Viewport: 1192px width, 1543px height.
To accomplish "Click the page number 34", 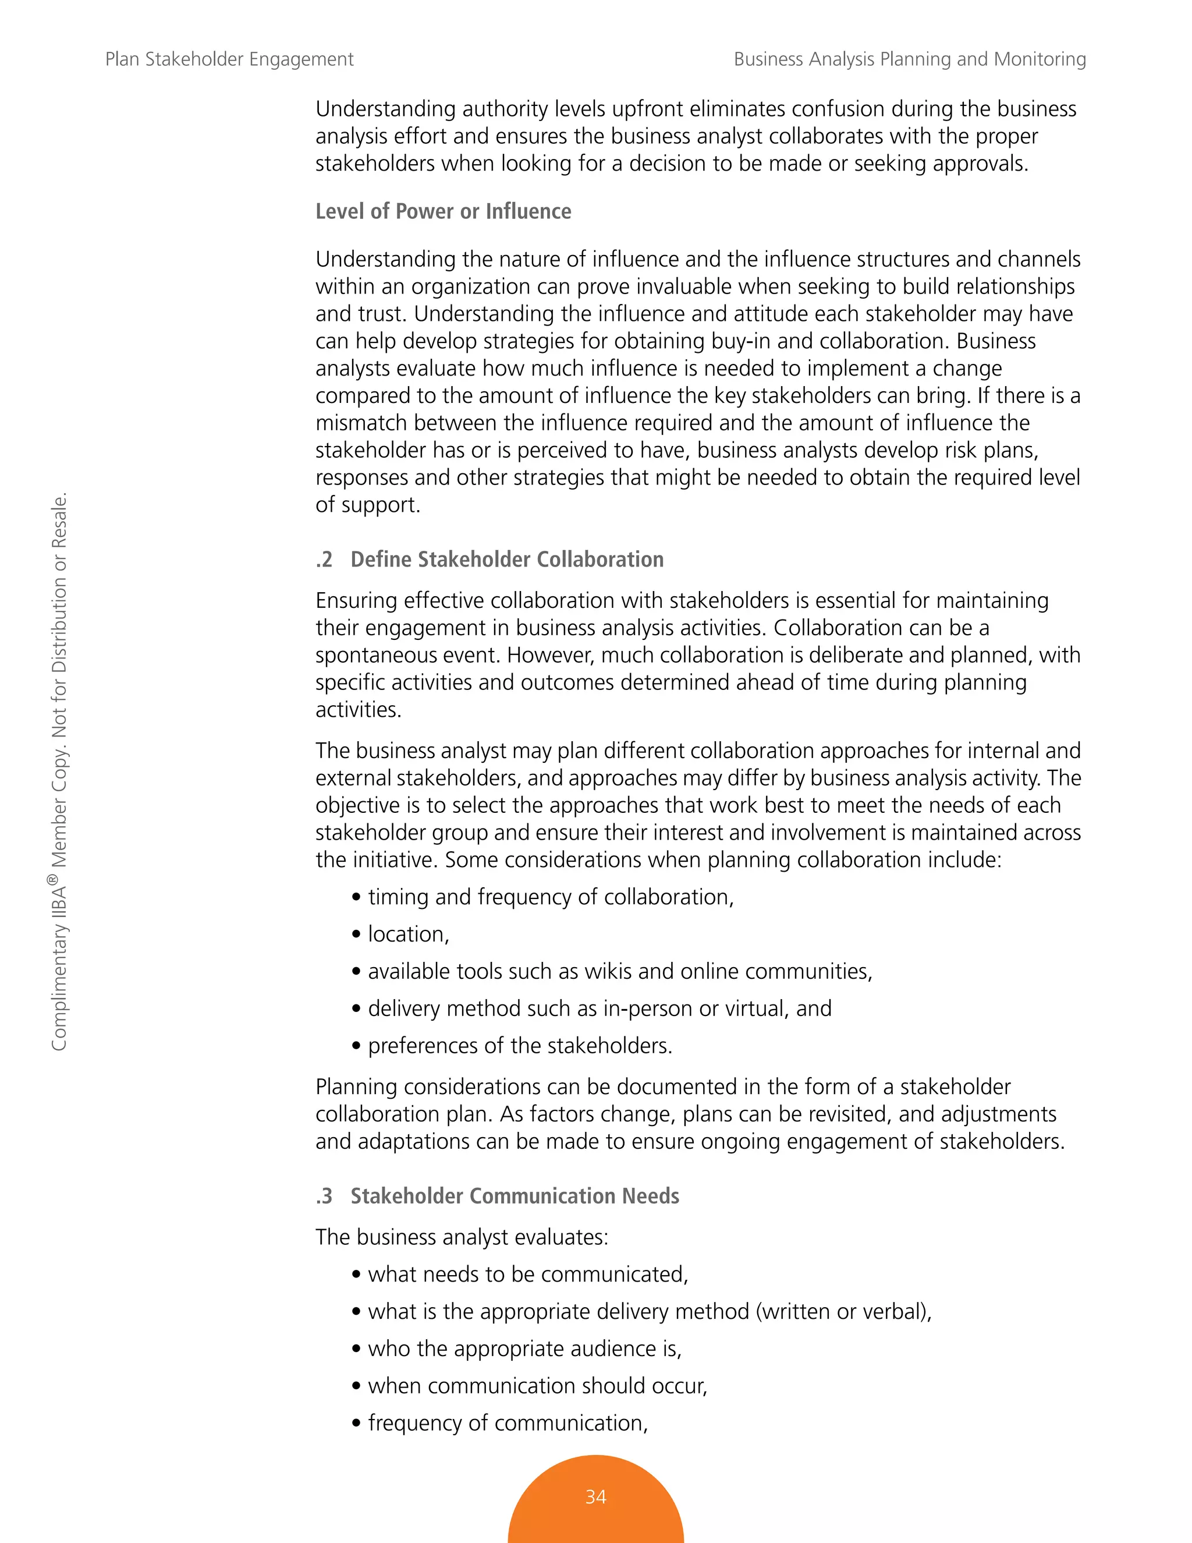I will pyautogui.click(x=595, y=1496).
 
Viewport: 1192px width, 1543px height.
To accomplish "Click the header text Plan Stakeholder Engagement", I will pyautogui.click(x=229, y=59).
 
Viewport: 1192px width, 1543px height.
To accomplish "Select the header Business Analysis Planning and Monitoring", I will pyautogui.click(x=910, y=59).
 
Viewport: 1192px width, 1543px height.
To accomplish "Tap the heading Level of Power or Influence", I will pyautogui.click(x=443, y=211).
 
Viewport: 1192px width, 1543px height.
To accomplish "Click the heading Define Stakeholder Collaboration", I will pyautogui.click(x=506, y=560).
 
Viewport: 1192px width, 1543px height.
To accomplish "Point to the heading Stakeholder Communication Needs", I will pyautogui.click(x=514, y=1196).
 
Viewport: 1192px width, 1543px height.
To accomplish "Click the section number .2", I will pyautogui.click(x=324, y=560).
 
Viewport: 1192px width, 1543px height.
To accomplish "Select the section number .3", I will pyautogui.click(x=324, y=1196).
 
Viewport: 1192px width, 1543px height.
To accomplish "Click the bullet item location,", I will pyautogui.click(x=407, y=934).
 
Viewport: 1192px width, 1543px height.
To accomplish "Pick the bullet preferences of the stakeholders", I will pyautogui.click(x=519, y=1046).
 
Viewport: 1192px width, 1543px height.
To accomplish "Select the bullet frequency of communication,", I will pyautogui.click(x=507, y=1423).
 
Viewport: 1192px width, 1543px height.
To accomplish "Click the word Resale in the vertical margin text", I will pyautogui.click(x=59, y=521).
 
